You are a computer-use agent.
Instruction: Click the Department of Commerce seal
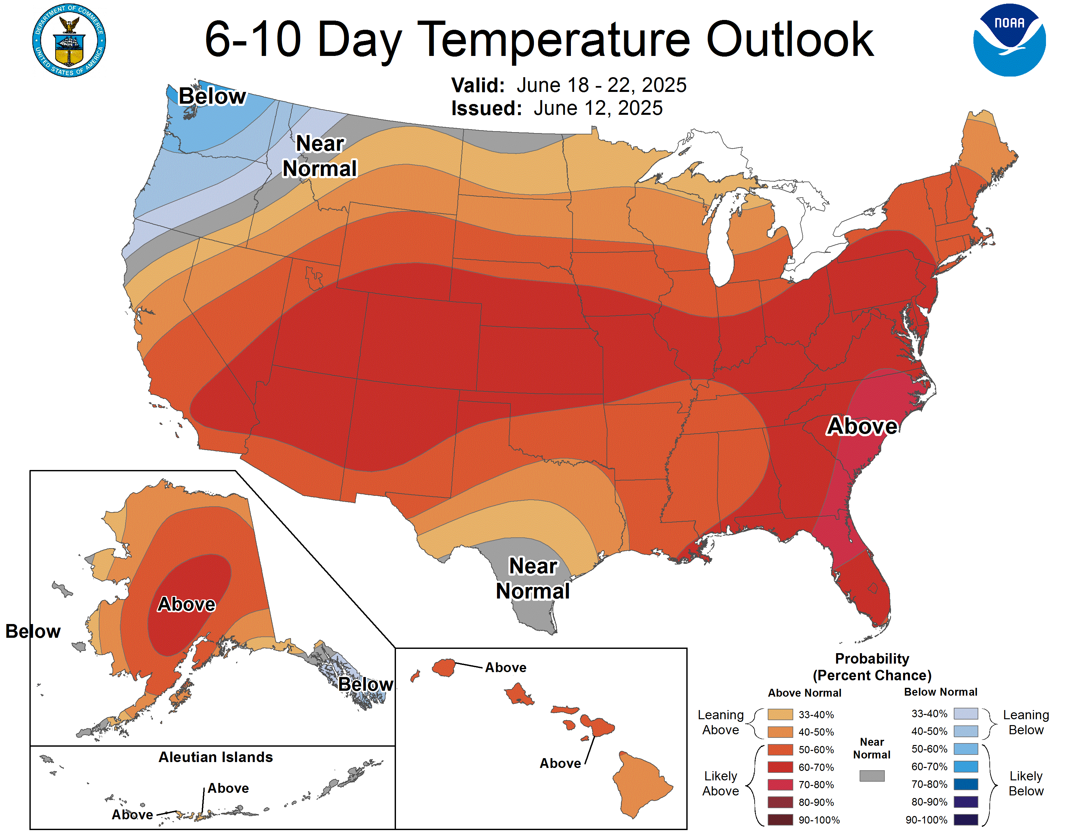[69, 41]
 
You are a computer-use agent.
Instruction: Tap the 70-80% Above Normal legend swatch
[780, 785]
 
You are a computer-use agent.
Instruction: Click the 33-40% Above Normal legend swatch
[780, 714]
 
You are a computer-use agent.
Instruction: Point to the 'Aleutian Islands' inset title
[215, 757]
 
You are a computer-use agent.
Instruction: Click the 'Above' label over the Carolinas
[862, 426]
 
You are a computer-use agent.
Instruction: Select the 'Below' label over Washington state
[212, 96]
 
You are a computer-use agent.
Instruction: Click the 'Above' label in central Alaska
[186, 604]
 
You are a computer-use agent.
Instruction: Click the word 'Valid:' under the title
[478, 85]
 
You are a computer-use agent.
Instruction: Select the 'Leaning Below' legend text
[1026, 722]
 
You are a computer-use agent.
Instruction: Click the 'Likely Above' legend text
[720, 784]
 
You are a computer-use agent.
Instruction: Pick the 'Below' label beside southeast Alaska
[366, 684]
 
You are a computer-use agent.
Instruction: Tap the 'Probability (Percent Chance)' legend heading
[872, 667]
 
